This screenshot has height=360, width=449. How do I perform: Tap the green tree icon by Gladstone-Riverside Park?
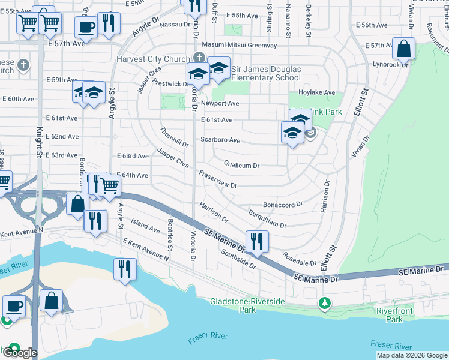[325, 303]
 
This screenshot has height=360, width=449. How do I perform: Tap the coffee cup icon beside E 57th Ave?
[86, 27]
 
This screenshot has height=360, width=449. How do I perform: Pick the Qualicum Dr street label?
[241, 165]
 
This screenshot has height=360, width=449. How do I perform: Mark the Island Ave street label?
[146, 226]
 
